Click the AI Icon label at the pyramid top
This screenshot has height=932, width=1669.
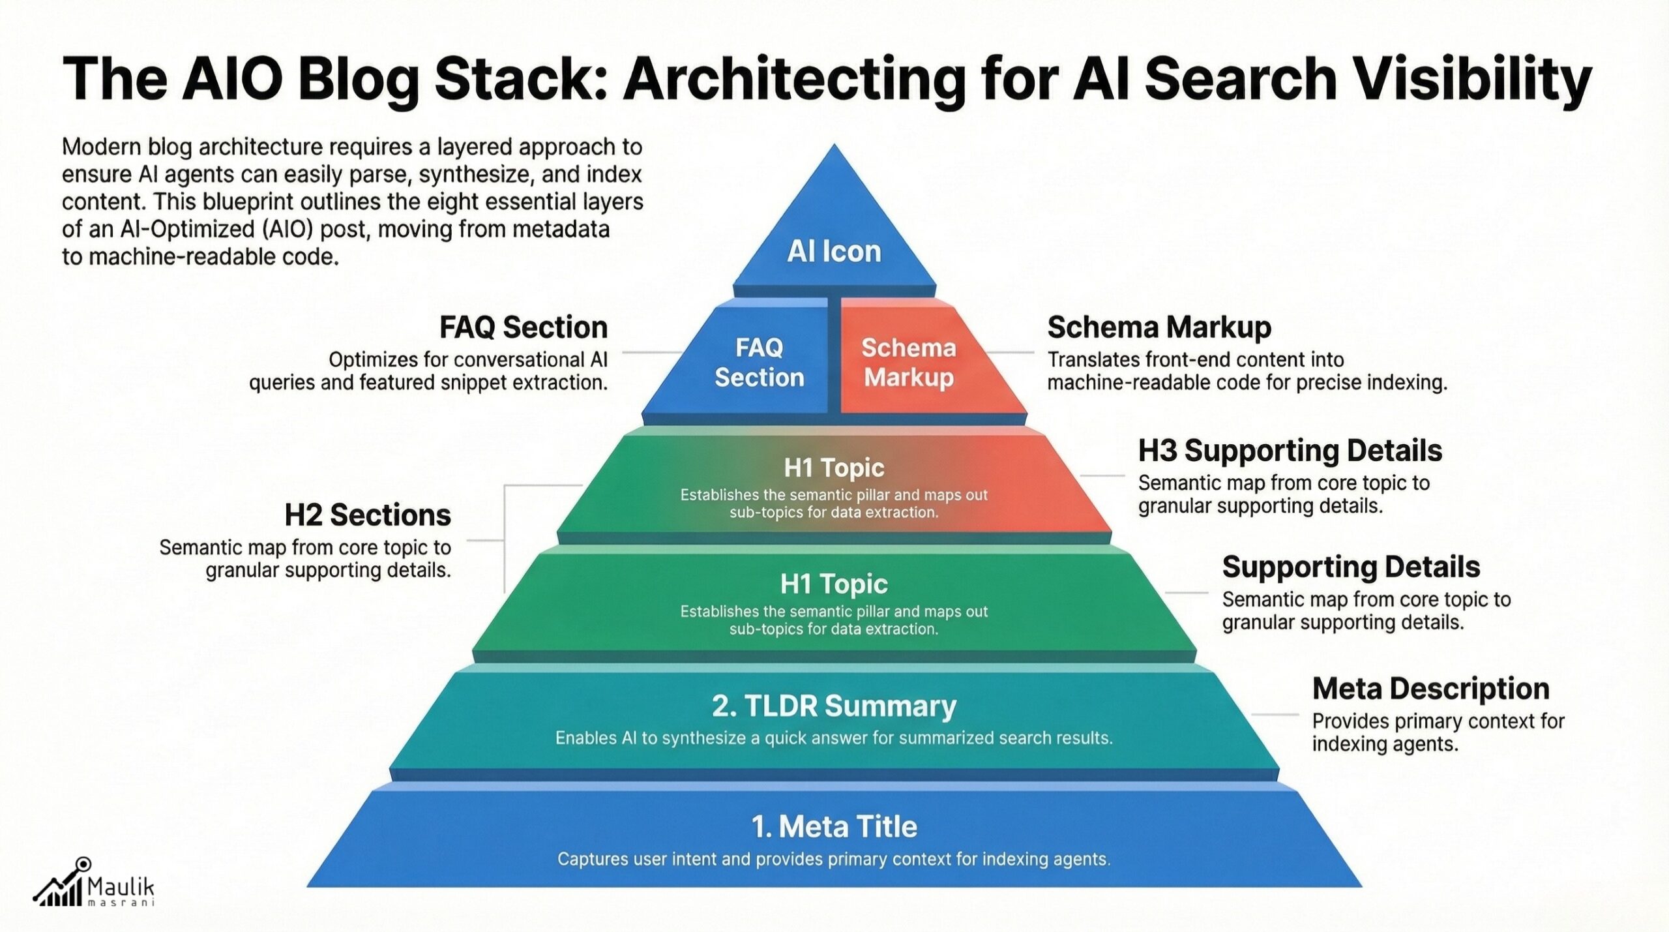[834, 251]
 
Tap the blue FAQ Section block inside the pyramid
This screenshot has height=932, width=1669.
[759, 363]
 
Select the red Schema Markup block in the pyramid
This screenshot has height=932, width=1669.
[909, 363]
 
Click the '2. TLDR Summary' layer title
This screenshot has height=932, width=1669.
[834, 706]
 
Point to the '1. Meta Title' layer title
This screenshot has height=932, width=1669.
[834, 826]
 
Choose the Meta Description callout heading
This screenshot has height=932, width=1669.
[1430, 689]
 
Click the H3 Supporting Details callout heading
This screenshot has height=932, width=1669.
[1290, 451]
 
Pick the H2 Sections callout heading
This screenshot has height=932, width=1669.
[368, 515]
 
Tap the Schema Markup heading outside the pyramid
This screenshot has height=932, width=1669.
[1159, 327]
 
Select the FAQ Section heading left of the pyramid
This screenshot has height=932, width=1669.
[524, 327]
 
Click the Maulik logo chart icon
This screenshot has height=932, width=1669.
[61, 884]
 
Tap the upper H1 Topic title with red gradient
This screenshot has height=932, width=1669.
[834, 468]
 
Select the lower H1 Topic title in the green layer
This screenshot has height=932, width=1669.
[834, 584]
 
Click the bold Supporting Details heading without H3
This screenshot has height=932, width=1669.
[1351, 567]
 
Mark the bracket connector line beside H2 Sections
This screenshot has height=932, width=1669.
[505, 540]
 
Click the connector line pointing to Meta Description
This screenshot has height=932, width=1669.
[1275, 715]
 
